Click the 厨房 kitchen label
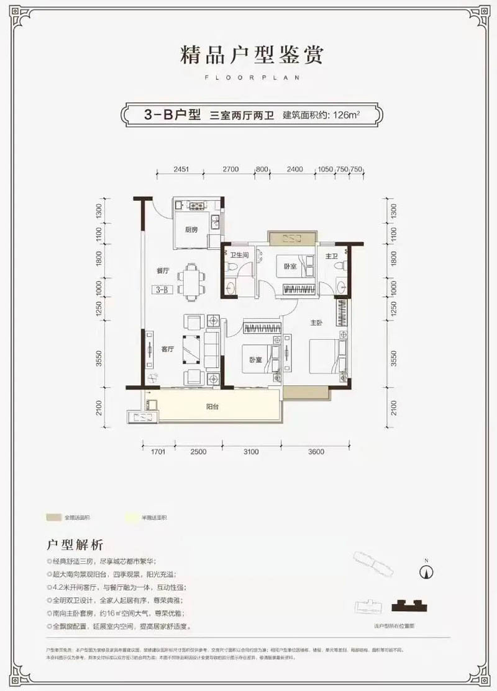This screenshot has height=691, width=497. coord(191,230)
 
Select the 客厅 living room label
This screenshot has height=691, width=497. coord(166,349)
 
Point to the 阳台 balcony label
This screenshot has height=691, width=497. coord(214,408)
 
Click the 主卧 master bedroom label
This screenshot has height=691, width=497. coord(317,322)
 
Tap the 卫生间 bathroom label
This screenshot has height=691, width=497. coord(239,255)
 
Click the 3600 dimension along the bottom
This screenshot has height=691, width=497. coord(316,452)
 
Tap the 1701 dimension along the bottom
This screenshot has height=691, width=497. coord(157,452)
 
